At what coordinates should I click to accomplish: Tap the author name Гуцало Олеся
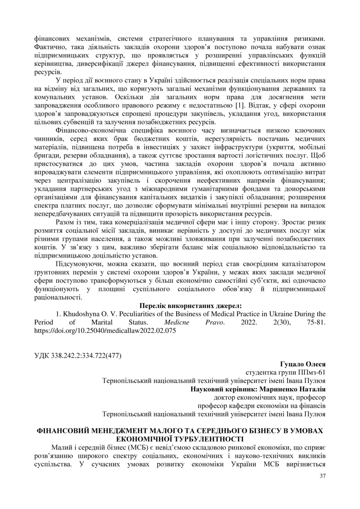tap(303, 364)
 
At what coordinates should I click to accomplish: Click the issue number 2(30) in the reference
tap(286, 322)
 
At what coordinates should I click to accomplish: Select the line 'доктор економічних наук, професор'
tap(270, 397)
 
